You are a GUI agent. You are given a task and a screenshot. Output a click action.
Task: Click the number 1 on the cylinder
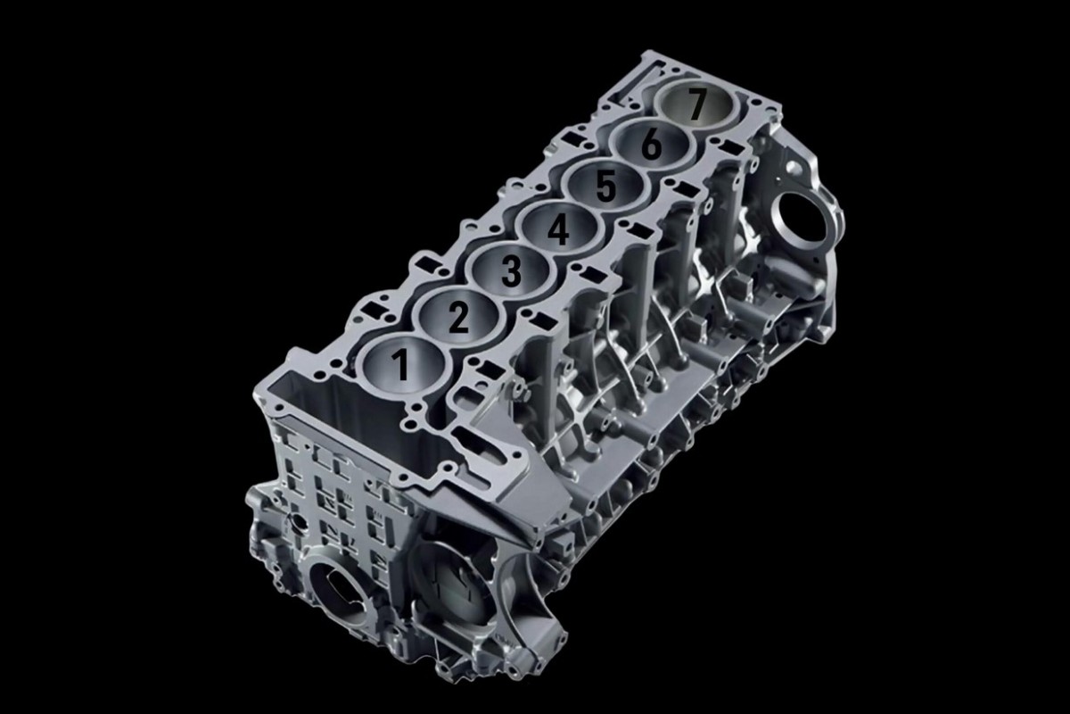click(401, 364)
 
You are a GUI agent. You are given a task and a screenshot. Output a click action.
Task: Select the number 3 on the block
click(511, 271)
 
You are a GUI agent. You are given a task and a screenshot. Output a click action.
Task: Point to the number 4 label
click(558, 228)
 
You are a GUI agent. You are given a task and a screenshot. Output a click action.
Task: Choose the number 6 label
click(652, 145)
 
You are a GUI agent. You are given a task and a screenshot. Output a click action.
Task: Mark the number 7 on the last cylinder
click(695, 105)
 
